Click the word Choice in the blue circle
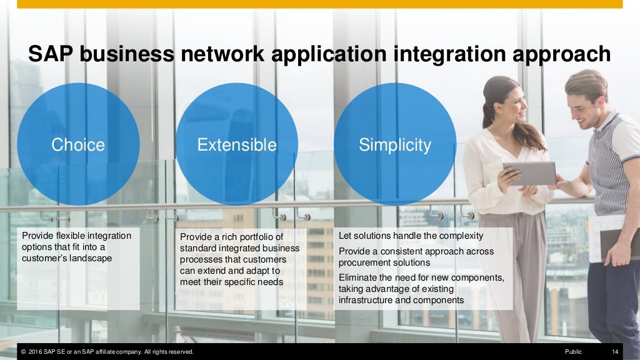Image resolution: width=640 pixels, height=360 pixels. [x=78, y=145]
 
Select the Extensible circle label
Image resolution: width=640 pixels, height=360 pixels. [x=237, y=145]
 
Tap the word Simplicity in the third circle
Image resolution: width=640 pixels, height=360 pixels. [x=395, y=145]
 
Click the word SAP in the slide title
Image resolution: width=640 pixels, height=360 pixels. [x=50, y=54]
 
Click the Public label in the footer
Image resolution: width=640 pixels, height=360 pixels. [x=573, y=352]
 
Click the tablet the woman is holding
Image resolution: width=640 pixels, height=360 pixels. [x=529, y=173]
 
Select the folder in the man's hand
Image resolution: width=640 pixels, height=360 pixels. [x=616, y=244]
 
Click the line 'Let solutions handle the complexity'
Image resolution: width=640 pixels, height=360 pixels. [x=411, y=236]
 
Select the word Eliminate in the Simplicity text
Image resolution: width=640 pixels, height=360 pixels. [x=357, y=277]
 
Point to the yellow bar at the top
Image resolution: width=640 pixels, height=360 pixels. [x=320, y=4]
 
